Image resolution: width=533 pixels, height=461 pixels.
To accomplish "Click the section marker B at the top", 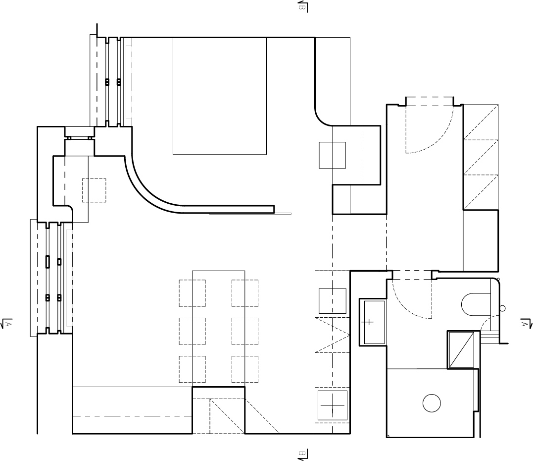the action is click(x=302, y=6).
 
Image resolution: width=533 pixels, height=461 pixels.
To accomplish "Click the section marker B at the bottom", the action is click(x=302, y=455).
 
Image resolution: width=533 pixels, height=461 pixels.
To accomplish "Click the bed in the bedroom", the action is click(x=220, y=96).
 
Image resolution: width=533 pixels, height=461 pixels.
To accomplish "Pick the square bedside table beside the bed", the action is click(x=332, y=155).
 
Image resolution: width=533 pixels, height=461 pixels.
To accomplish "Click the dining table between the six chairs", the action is click(x=219, y=329).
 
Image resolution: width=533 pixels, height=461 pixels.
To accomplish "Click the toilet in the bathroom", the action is click(x=476, y=304).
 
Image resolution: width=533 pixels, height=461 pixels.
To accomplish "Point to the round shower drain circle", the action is click(x=432, y=403).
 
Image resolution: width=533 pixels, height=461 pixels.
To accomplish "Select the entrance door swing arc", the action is click(x=438, y=140).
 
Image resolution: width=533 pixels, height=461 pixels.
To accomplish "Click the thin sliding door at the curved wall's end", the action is click(x=250, y=214).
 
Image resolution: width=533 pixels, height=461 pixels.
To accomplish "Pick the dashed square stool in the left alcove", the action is click(x=94, y=190).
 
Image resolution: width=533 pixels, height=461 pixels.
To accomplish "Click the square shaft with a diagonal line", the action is click(x=461, y=349).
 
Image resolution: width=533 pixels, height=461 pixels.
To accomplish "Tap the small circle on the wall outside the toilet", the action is click(x=502, y=308).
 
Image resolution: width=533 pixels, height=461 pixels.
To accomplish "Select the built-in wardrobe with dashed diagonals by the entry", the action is click(x=481, y=157).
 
